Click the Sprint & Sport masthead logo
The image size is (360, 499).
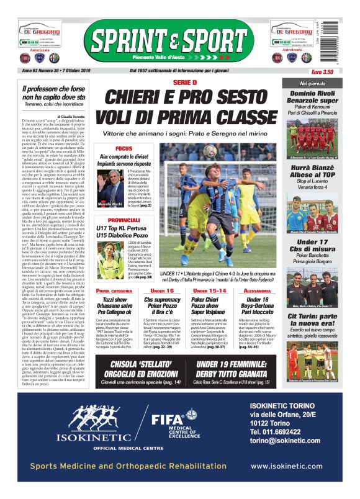[x=179, y=41]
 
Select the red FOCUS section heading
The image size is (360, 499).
[x=124, y=149]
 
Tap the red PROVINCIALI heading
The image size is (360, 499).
[x=130, y=220]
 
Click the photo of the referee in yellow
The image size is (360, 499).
[x=115, y=251]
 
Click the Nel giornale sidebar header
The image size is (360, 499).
[x=312, y=83]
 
